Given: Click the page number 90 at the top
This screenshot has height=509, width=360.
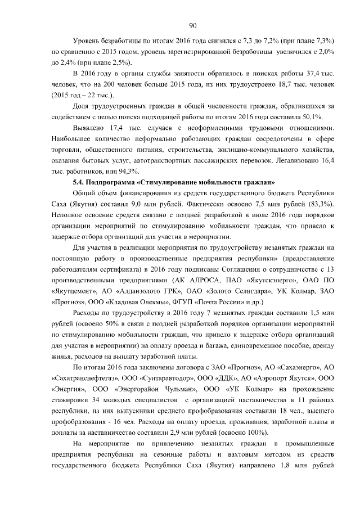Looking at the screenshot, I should [x=192, y=25].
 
